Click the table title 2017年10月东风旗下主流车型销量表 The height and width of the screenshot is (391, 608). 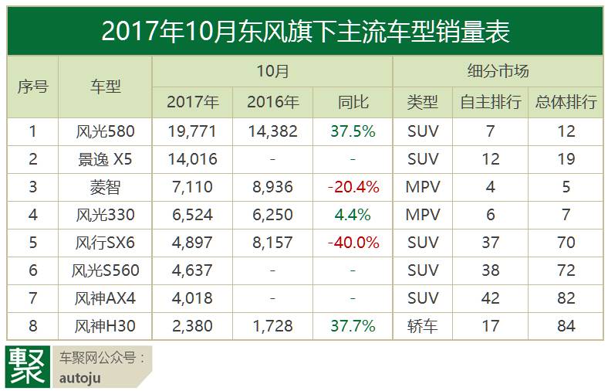point(306,31)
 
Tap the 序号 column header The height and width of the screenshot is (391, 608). point(32,87)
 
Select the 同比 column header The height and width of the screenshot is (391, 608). point(353,102)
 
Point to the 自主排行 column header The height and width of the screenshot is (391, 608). point(490,102)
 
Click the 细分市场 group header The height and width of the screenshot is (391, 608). point(498,71)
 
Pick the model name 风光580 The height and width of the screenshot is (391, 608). point(105,131)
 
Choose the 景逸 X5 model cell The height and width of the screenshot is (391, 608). point(105,159)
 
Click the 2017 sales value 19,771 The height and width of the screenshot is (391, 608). point(192,131)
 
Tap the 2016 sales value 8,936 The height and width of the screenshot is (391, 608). point(272,187)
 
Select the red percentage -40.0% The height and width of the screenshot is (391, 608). point(353,243)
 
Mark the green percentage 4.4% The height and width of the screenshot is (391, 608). point(353,215)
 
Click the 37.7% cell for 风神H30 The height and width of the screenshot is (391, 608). point(353,326)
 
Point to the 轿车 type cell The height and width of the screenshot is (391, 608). point(423,326)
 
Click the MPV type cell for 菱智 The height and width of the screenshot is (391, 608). point(423,187)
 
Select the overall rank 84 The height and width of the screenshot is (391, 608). point(566,326)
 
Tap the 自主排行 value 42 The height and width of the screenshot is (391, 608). point(491,298)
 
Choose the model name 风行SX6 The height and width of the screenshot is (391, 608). point(105,243)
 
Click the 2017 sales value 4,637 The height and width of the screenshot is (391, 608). point(192,270)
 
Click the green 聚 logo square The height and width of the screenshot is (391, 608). point(28,366)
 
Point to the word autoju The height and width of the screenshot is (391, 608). point(80,378)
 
